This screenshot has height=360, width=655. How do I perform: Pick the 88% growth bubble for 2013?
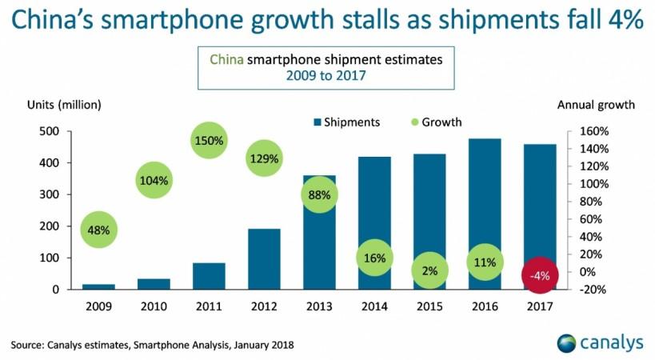click(x=320, y=194)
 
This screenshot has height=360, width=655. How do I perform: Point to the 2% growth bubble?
click(x=429, y=271)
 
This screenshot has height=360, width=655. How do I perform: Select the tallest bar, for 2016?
click(x=485, y=214)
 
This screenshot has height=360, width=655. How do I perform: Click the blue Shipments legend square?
click(x=317, y=122)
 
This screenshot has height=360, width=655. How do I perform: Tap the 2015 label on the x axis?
click(x=429, y=306)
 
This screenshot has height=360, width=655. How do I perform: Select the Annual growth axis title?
click(x=596, y=104)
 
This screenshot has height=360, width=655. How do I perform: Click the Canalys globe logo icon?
click(x=568, y=343)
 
